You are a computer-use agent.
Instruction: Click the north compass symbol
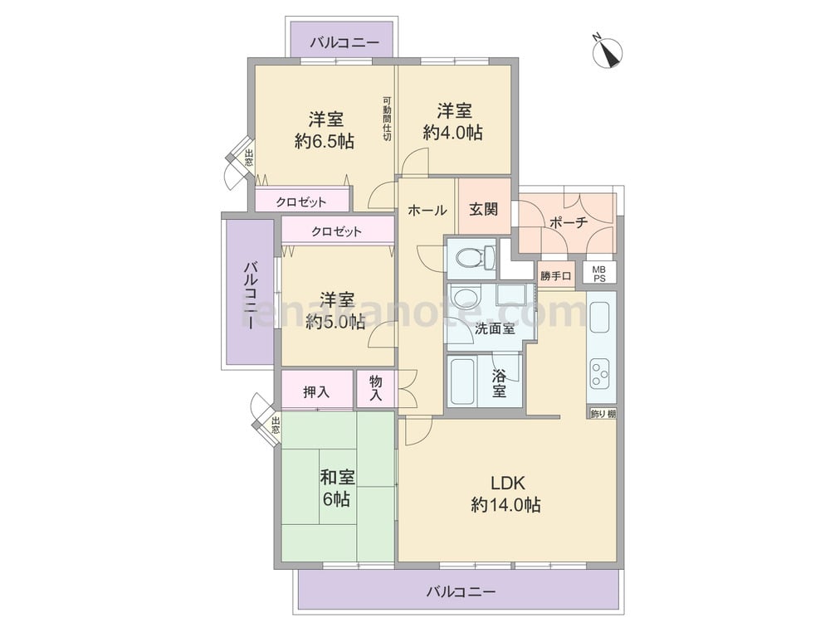tap(608, 52)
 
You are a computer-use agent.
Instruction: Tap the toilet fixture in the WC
tap(474, 258)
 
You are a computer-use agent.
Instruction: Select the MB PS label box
tap(599, 274)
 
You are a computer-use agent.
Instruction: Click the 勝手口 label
tap(556, 275)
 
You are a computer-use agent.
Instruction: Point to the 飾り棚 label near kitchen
tap(603, 414)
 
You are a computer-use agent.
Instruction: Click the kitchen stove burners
tap(601, 373)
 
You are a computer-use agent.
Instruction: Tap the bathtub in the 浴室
tap(461, 381)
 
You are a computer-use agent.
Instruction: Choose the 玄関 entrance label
tap(484, 209)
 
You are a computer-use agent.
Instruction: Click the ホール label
tap(427, 210)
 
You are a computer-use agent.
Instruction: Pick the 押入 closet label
tap(316, 392)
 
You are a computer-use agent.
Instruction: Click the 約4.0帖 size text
tap(452, 132)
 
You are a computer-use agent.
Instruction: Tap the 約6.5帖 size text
tap(325, 141)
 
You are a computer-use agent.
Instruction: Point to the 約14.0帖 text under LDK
tap(506, 504)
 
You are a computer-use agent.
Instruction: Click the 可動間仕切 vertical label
tap(387, 118)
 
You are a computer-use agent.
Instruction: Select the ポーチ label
tap(569, 222)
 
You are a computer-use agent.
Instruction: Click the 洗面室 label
tap(495, 328)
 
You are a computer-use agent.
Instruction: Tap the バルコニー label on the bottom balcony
tap(461, 590)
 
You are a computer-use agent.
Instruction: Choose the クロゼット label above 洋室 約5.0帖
tap(337, 231)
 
